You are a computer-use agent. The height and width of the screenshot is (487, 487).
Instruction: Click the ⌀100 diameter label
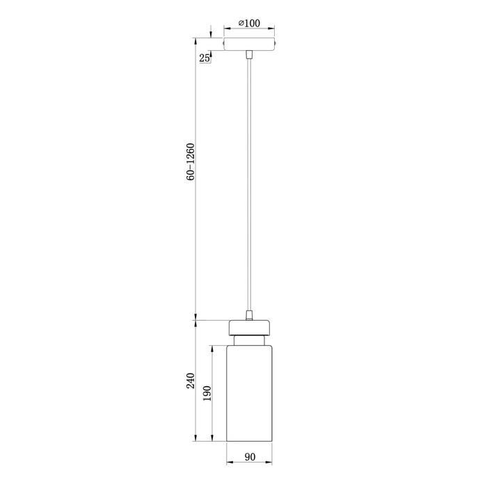(x=249, y=23)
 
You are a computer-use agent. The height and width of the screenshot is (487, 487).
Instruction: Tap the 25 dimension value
(x=204, y=58)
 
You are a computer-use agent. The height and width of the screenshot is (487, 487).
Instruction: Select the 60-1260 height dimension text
(x=191, y=162)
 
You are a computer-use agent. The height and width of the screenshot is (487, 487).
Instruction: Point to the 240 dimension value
(x=191, y=381)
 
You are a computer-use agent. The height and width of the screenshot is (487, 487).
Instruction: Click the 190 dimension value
(x=207, y=393)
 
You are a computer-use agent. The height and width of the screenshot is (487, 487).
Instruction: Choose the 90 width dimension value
(x=250, y=456)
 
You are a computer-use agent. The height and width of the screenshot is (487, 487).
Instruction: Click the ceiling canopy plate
(x=249, y=44)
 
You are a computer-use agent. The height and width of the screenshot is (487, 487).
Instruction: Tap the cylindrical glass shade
(x=249, y=393)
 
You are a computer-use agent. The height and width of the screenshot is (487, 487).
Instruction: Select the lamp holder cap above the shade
(x=249, y=328)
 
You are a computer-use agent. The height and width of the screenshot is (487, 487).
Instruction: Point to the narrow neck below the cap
(x=249, y=340)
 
